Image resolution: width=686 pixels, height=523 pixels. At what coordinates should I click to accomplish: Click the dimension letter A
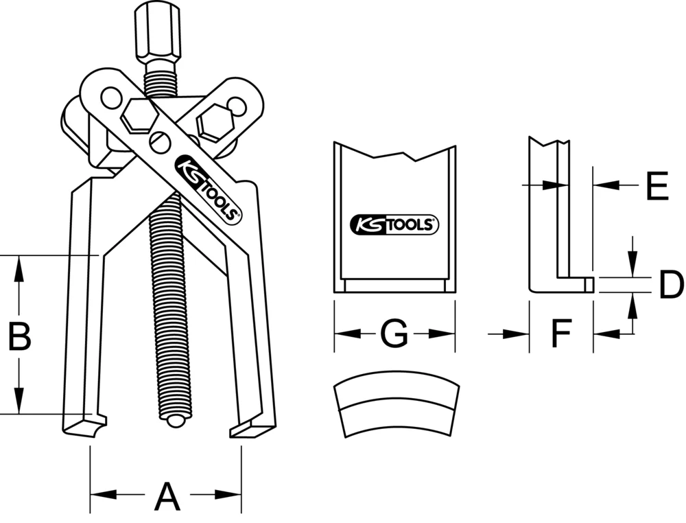tap(166, 496)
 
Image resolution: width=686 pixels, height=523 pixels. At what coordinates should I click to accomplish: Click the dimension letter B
tap(19, 336)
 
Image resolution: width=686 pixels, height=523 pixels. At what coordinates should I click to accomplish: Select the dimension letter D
tap(670, 286)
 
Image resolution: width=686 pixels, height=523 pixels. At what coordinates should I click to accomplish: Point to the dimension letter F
tap(561, 334)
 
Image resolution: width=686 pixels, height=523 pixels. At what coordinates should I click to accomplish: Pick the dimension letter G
tap(394, 334)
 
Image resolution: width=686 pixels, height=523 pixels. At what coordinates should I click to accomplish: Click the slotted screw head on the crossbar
tap(158, 143)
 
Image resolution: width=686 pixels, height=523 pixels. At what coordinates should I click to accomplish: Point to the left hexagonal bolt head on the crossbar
tap(137, 115)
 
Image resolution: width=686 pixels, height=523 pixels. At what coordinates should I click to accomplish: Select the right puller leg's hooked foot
tap(251, 429)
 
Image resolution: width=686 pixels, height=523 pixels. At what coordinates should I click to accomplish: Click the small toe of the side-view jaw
tap(588, 283)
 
